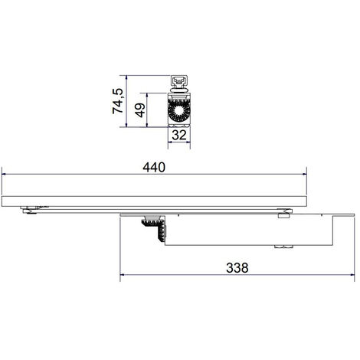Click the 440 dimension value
(x=154, y=168)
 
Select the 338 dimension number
(x=237, y=268)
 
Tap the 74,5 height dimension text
(x=118, y=101)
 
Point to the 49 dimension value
(x=140, y=110)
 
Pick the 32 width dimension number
(x=179, y=135)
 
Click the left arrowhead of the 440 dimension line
(x=4, y=174)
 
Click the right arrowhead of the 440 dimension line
(x=304, y=174)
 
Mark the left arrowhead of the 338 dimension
(x=122, y=275)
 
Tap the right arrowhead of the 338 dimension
(x=352, y=275)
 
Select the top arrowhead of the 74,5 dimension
(x=126, y=77)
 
